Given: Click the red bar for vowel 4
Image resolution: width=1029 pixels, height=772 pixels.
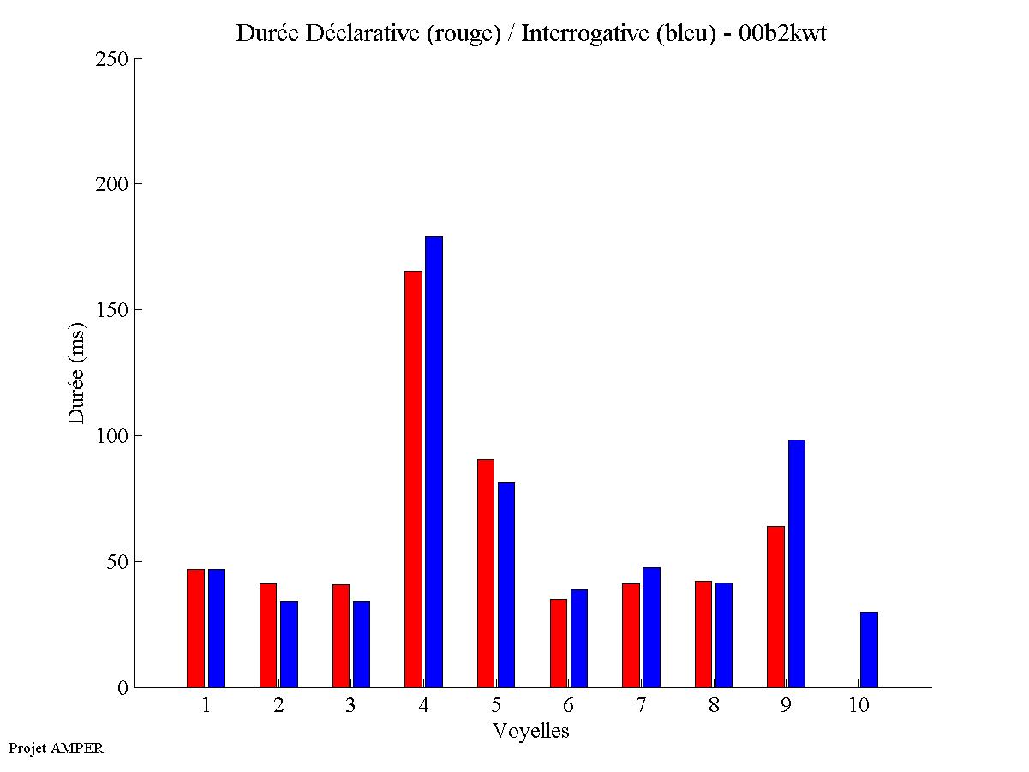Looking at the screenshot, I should [413, 479].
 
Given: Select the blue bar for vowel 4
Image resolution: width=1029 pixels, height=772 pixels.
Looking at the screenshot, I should [434, 462].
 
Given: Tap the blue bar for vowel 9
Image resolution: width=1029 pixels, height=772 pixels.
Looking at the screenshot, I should [797, 563].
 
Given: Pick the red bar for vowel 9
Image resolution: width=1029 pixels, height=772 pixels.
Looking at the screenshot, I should [775, 607].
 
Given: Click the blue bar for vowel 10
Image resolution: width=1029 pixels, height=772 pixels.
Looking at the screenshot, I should [869, 649].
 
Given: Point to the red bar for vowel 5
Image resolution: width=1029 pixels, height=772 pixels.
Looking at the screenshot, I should [486, 573].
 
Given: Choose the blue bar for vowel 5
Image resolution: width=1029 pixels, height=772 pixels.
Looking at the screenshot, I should [506, 584].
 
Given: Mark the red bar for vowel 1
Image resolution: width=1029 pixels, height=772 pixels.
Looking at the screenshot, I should [195, 628].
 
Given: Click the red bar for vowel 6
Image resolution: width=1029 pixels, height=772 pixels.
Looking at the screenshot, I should [559, 643].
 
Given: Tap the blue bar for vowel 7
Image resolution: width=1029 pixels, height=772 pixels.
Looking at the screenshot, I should [651, 627].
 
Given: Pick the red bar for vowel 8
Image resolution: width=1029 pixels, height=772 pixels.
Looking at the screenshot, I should [703, 634].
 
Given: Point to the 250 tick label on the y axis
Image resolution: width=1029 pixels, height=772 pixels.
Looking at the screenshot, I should [112, 59].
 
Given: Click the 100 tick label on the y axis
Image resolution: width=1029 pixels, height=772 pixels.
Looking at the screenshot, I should [112, 436].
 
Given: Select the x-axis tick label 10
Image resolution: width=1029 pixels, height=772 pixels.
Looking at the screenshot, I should [858, 705].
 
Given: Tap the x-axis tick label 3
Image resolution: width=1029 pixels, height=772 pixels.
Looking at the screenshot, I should [350, 705].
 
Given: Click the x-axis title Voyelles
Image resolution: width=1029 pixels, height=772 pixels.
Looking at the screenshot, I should [531, 731].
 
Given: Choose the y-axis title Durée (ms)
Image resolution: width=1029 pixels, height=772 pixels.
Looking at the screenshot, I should [77, 373].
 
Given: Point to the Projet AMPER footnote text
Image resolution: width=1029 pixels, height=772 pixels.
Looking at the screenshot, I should [56, 748].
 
